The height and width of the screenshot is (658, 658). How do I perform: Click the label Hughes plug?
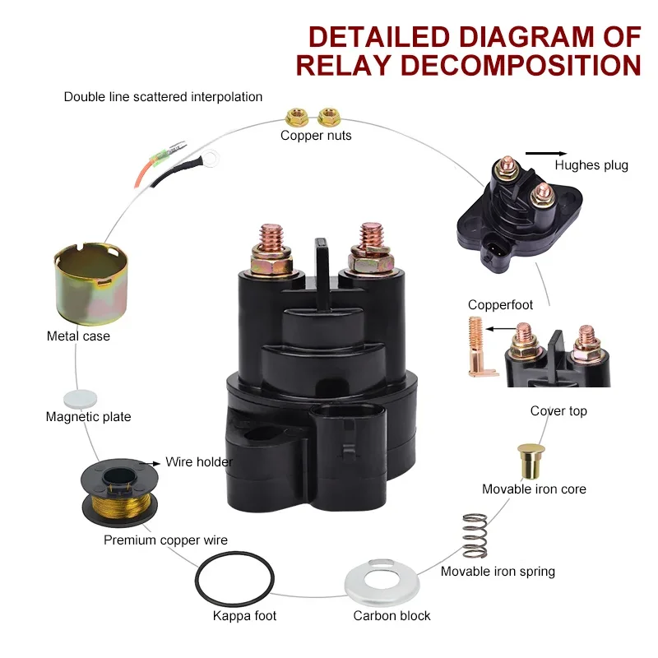(591, 165)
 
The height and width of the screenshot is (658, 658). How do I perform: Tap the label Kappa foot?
(244, 616)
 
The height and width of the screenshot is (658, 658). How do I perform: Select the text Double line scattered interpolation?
(163, 97)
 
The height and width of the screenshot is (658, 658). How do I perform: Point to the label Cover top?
(558, 410)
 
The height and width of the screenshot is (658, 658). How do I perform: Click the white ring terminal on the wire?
(215, 153)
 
